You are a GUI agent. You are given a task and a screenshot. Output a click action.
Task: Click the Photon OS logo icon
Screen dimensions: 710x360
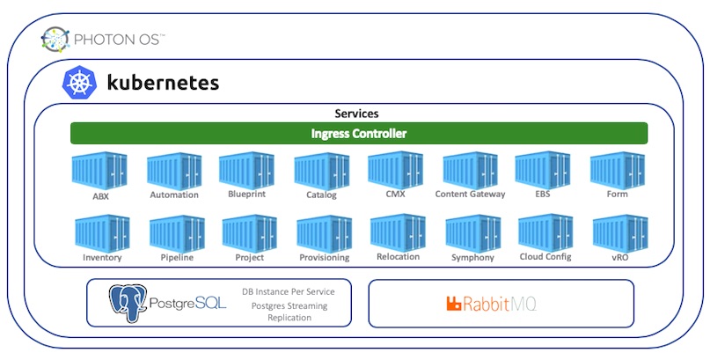click(55, 40)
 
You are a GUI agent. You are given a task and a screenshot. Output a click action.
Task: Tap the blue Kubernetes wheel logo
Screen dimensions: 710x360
click(80, 83)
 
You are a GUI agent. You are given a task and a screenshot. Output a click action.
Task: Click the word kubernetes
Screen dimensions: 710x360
click(163, 83)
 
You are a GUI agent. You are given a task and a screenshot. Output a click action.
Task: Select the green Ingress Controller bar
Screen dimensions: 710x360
click(359, 134)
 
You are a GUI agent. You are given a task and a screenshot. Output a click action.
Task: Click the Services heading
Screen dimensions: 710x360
click(356, 114)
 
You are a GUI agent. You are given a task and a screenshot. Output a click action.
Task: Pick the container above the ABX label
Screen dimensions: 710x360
click(99, 171)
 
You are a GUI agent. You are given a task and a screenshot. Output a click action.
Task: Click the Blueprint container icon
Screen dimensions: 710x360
click(246, 171)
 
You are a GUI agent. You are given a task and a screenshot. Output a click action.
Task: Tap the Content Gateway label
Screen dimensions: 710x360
click(470, 195)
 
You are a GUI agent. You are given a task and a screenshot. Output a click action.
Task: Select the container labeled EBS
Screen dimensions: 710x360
click(543, 171)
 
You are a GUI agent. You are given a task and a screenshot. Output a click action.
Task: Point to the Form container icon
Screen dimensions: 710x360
click(617, 171)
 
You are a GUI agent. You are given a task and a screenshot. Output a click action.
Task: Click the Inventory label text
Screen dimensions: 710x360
click(102, 258)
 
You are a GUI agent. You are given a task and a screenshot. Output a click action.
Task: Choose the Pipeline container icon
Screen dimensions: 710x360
click(177, 233)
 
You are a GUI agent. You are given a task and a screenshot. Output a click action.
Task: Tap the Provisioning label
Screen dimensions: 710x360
click(325, 258)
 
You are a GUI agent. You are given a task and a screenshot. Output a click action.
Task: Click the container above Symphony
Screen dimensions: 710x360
click(473, 233)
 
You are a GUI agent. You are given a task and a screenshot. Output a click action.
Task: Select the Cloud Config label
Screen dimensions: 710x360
click(545, 257)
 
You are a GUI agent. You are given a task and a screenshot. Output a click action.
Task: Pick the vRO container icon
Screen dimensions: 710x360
click(620, 233)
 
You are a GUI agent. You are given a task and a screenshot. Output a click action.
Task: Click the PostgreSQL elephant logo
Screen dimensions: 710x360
click(128, 303)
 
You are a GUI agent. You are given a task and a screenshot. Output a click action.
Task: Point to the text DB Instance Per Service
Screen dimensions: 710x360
click(289, 291)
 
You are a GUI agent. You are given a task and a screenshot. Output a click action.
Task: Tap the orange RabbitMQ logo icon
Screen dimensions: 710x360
click(454, 304)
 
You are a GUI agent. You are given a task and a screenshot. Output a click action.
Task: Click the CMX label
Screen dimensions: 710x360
click(395, 194)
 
